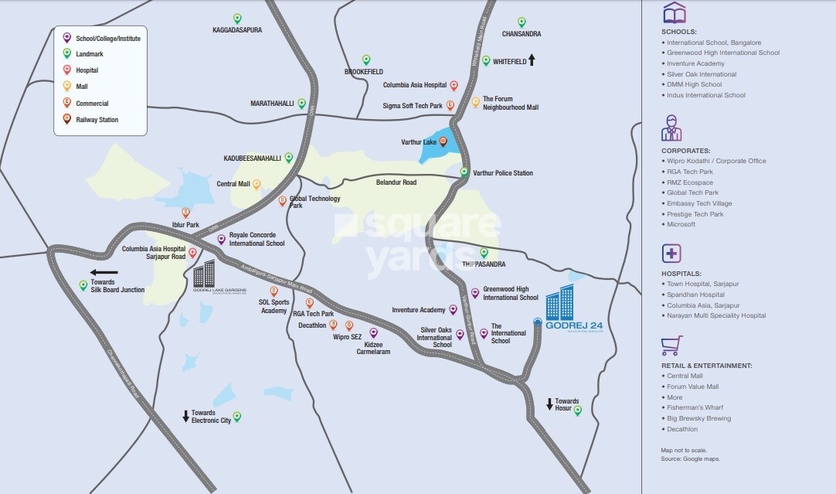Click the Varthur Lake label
point(418,142)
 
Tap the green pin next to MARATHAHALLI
point(301,103)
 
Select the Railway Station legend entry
point(97,120)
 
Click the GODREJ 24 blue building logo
point(560,302)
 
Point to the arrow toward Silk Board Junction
point(104,272)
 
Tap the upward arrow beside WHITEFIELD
point(532,60)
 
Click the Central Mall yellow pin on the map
point(257,184)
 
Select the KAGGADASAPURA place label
point(236,30)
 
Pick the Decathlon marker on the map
point(333,325)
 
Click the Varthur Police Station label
point(502,173)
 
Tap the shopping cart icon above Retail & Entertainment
point(671,345)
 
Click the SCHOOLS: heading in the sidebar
point(679,32)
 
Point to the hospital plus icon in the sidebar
point(671,254)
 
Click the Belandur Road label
point(396,182)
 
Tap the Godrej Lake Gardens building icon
point(204,274)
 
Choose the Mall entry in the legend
point(82,87)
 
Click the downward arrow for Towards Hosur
point(549,404)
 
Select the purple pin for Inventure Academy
point(453,309)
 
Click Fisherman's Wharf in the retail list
point(695,407)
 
